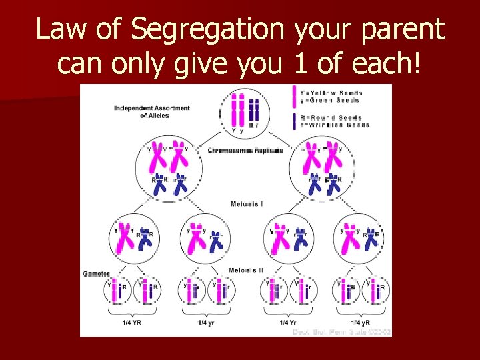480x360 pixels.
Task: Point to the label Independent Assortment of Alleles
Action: [x=152, y=111]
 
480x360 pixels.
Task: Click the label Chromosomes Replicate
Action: [x=245, y=151]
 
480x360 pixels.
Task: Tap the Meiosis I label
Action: [x=247, y=203]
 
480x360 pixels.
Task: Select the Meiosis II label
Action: [x=245, y=270]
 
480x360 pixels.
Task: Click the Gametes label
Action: [x=97, y=274]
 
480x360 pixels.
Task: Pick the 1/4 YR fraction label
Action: [x=132, y=323]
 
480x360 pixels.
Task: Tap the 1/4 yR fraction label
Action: [x=360, y=323]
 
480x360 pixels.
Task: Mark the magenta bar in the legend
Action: [x=295, y=96]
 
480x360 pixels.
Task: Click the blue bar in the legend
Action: [x=295, y=121]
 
